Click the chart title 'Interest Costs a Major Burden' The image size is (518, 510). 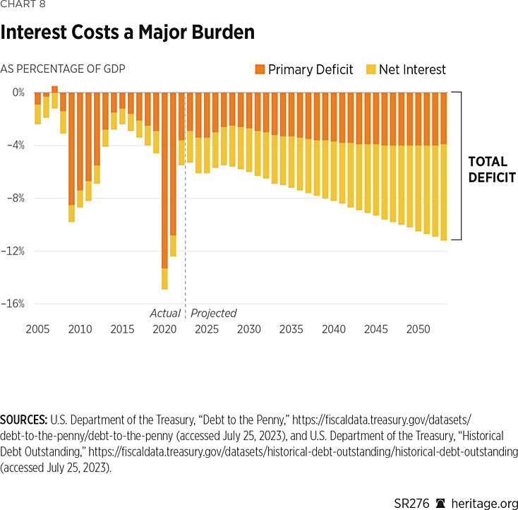click(127, 32)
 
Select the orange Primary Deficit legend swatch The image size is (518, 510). click(260, 69)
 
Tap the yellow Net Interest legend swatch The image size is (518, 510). click(371, 69)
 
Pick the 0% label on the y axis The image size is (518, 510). click(18, 93)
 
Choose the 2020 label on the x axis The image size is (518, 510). click(164, 329)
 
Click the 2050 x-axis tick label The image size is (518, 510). click(418, 329)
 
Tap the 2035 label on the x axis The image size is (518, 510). click(291, 329)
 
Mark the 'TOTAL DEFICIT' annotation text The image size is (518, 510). click(492, 170)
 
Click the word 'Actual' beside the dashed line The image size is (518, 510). click(164, 313)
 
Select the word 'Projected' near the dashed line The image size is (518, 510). click(214, 313)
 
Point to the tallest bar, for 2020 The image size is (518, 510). click(164, 191)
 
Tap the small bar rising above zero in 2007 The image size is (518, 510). click(54, 89)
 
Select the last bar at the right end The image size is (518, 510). click(444, 167)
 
